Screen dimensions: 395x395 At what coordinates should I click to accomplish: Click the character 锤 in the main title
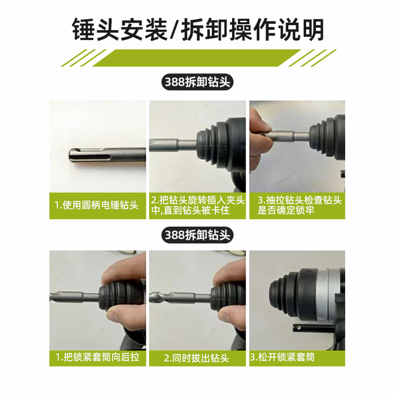click(84, 30)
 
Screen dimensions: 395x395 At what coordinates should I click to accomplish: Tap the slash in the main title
click(175, 30)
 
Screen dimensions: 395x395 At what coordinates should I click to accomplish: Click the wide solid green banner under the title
click(197, 57)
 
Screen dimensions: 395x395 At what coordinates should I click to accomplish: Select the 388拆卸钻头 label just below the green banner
click(197, 82)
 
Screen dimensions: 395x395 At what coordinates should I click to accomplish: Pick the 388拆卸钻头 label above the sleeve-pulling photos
click(197, 235)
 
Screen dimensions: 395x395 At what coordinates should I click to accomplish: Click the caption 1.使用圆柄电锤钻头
click(97, 205)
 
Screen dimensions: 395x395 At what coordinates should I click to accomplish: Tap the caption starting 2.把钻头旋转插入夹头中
click(197, 206)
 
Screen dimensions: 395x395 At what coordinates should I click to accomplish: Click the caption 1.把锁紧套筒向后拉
click(98, 357)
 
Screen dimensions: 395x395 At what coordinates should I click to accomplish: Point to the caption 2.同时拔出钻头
click(196, 358)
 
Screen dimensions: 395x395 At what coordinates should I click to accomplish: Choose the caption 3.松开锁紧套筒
click(283, 357)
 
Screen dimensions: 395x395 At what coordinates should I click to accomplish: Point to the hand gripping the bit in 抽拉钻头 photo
click(260, 141)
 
